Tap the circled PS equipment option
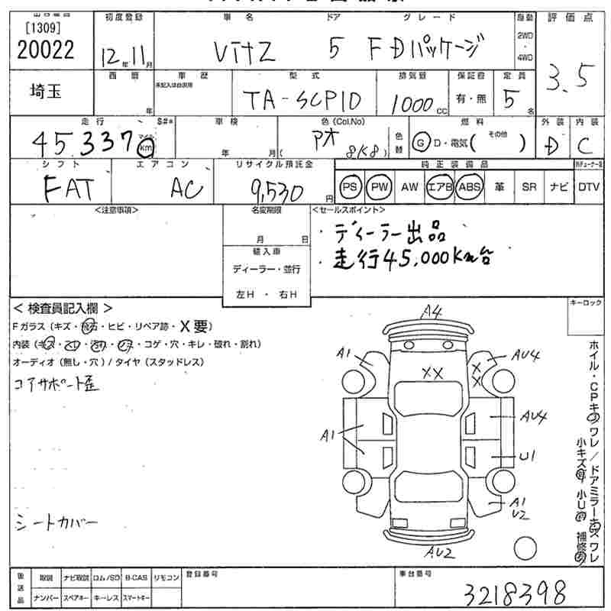(351, 187)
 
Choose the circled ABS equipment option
(468, 187)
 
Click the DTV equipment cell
(588, 187)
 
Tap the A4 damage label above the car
(432, 312)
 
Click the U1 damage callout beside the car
(526, 456)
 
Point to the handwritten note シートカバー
(57, 523)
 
